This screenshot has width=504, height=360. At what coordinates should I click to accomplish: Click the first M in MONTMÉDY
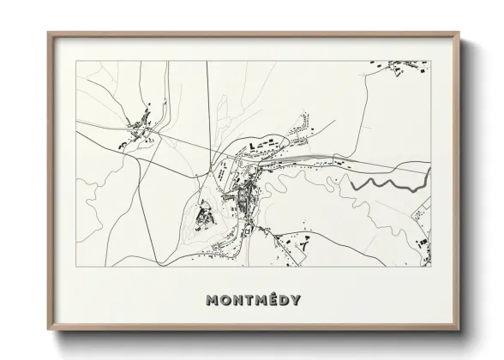[x=213, y=301]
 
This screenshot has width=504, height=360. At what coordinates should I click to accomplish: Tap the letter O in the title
[x=226, y=301]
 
